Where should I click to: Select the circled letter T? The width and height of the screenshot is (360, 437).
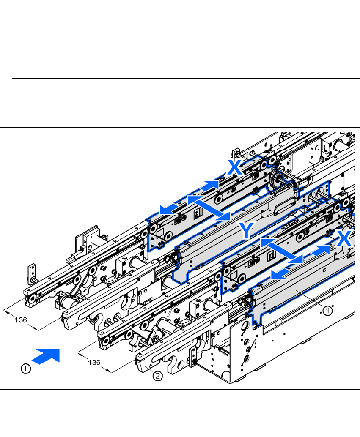point(26,369)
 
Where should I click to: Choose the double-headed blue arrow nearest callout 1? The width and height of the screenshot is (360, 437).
point(281,251)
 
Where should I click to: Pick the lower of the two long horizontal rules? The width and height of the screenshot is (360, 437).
point(180,78)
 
